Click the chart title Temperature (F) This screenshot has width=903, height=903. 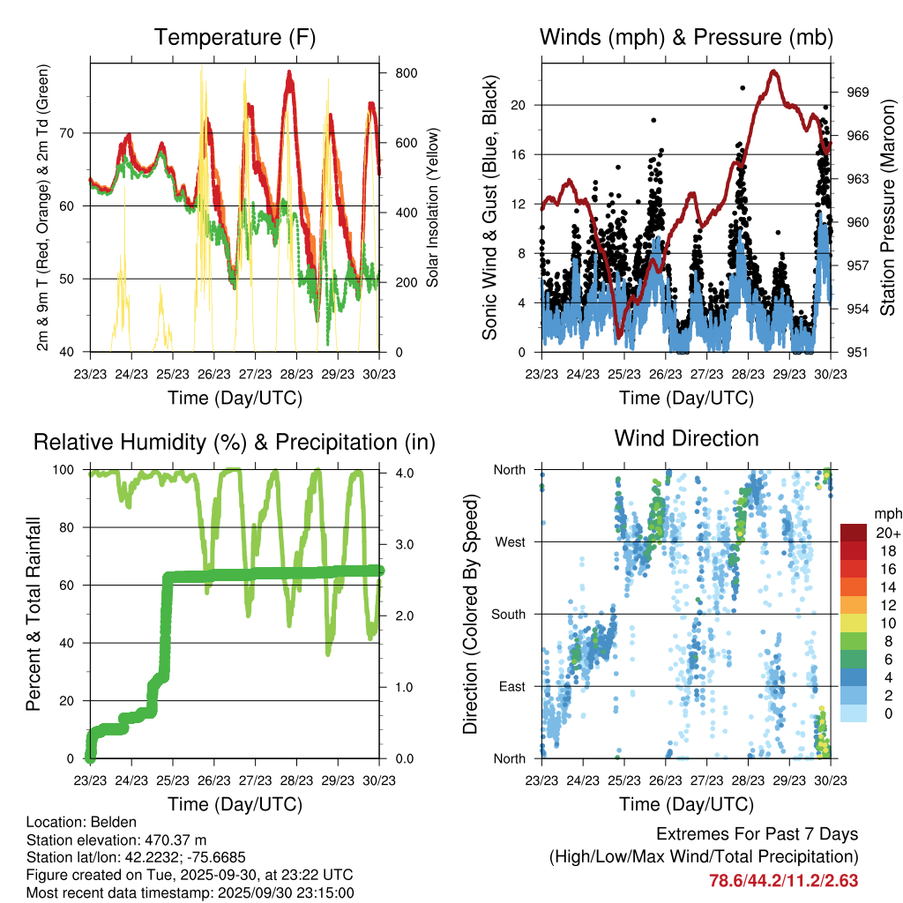(235, 37)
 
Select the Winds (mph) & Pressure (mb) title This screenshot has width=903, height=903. (686, 37)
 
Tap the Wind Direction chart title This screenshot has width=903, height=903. (686, 438)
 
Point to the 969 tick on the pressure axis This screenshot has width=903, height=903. (858, 92)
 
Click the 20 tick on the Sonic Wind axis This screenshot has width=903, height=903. (519, 105)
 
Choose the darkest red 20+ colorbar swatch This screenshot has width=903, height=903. (853, 533)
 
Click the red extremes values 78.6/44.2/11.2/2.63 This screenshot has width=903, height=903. (783, 881)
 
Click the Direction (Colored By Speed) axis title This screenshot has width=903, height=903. (470, 614)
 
